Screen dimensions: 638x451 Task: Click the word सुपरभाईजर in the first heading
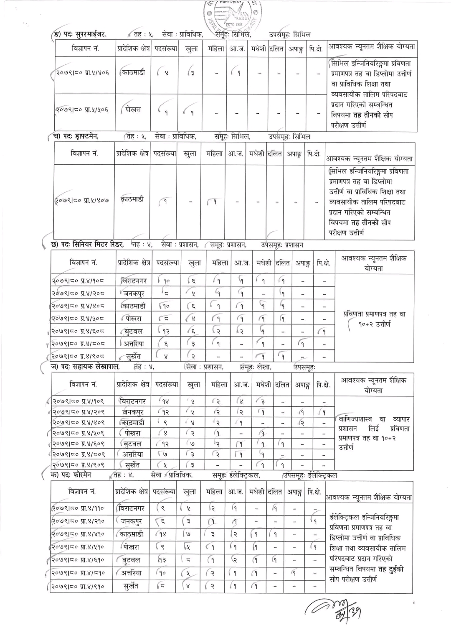(x=91, y=34)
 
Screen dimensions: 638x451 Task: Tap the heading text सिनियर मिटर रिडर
(x=98, y=244)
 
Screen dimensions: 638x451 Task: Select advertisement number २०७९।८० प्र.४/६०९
(x=78, y=444)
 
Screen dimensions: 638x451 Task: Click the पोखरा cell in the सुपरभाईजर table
(x=133, y=110)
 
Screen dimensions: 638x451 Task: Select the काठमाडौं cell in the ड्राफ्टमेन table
(x=132, y=199)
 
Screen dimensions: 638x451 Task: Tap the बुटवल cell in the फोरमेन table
(x=131, y=560)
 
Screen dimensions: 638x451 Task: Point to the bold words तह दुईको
(x=390, y=569)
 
